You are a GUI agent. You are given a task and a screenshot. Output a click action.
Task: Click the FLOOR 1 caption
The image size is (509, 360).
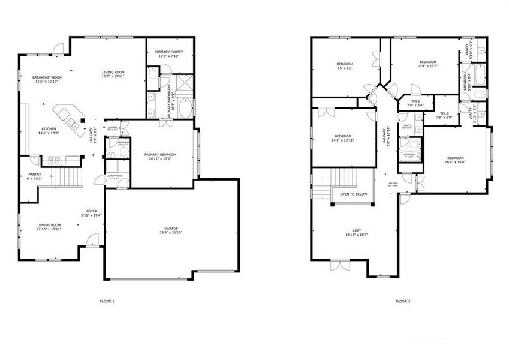107,301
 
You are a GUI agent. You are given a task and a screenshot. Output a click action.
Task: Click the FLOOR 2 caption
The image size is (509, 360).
403,301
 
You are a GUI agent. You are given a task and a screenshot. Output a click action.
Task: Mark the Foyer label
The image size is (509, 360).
92,212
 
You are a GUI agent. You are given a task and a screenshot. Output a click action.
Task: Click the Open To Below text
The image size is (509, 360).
354,194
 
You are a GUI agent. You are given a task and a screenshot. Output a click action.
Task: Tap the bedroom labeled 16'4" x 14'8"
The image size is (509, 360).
454,158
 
